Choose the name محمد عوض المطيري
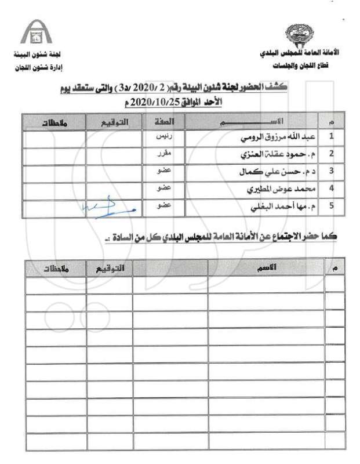279,188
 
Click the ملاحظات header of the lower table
55,267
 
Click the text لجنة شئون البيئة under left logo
34,59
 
